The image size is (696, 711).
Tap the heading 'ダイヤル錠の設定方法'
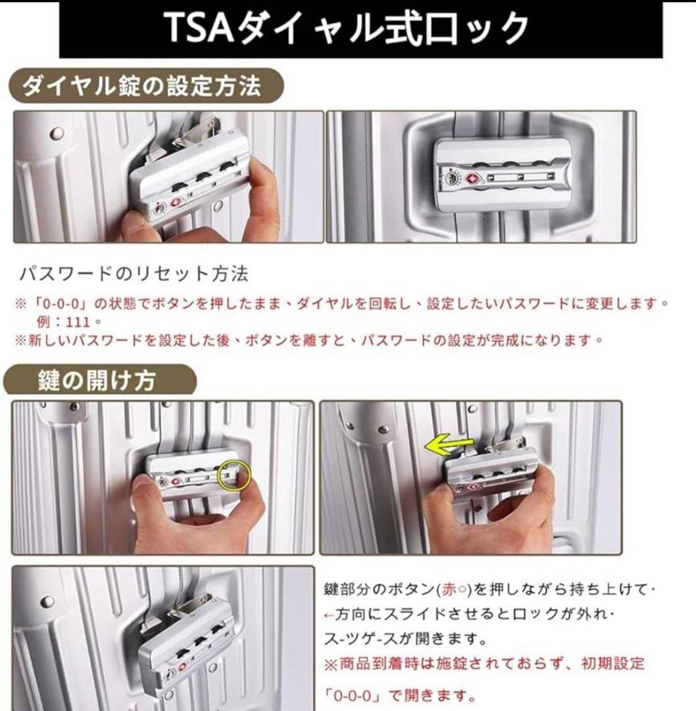coord(141,86)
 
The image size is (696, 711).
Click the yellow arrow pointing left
coord(447,446)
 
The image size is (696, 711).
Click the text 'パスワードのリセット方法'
coord(134,273)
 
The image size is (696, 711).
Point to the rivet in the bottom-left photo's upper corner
coord(47,602)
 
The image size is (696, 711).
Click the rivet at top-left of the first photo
coord(54,133)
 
